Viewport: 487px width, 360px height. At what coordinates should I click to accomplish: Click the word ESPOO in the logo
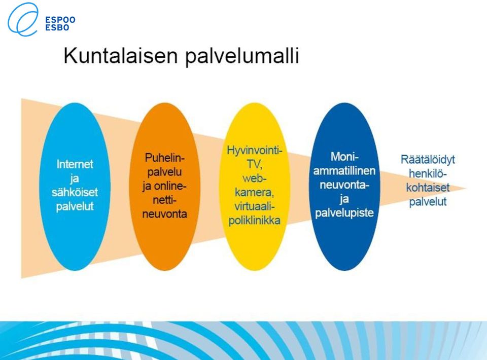(x=60, y=20)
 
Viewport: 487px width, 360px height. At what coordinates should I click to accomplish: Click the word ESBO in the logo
(x=57, y=27)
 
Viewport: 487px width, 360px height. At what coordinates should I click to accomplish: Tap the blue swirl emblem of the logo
(x=23, y=19)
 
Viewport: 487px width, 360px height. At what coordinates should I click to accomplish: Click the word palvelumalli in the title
(x=242, y=56)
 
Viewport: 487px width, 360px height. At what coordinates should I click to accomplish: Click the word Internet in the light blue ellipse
(x=75, y=164)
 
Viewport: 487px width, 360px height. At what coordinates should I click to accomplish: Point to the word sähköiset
(x=75, y=192)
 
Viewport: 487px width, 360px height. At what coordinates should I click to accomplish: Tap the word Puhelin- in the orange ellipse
(x=164, y=158)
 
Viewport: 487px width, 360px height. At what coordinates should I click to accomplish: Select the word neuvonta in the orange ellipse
(x=164, y=214)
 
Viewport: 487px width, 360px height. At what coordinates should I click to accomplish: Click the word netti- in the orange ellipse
(x=164, y=200)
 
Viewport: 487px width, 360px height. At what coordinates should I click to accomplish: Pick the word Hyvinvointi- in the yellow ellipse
(x=255, y=151)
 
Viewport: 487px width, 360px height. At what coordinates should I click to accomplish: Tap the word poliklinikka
(x=255, y=221)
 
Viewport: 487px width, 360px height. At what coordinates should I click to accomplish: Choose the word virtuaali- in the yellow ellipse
(x=255, y=206)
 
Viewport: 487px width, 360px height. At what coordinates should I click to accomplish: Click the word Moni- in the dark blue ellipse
(x=344, y=156)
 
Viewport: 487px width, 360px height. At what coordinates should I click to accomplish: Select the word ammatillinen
(x=344, y=171)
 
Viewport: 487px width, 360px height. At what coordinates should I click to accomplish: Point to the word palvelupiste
(x=344, y=213)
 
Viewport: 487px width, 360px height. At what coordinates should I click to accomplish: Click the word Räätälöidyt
(x=428, y=160)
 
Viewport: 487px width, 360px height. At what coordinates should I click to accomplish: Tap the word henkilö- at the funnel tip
(x=428, y=173)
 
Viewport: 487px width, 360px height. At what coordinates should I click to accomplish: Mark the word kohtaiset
(x=428, y=188)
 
